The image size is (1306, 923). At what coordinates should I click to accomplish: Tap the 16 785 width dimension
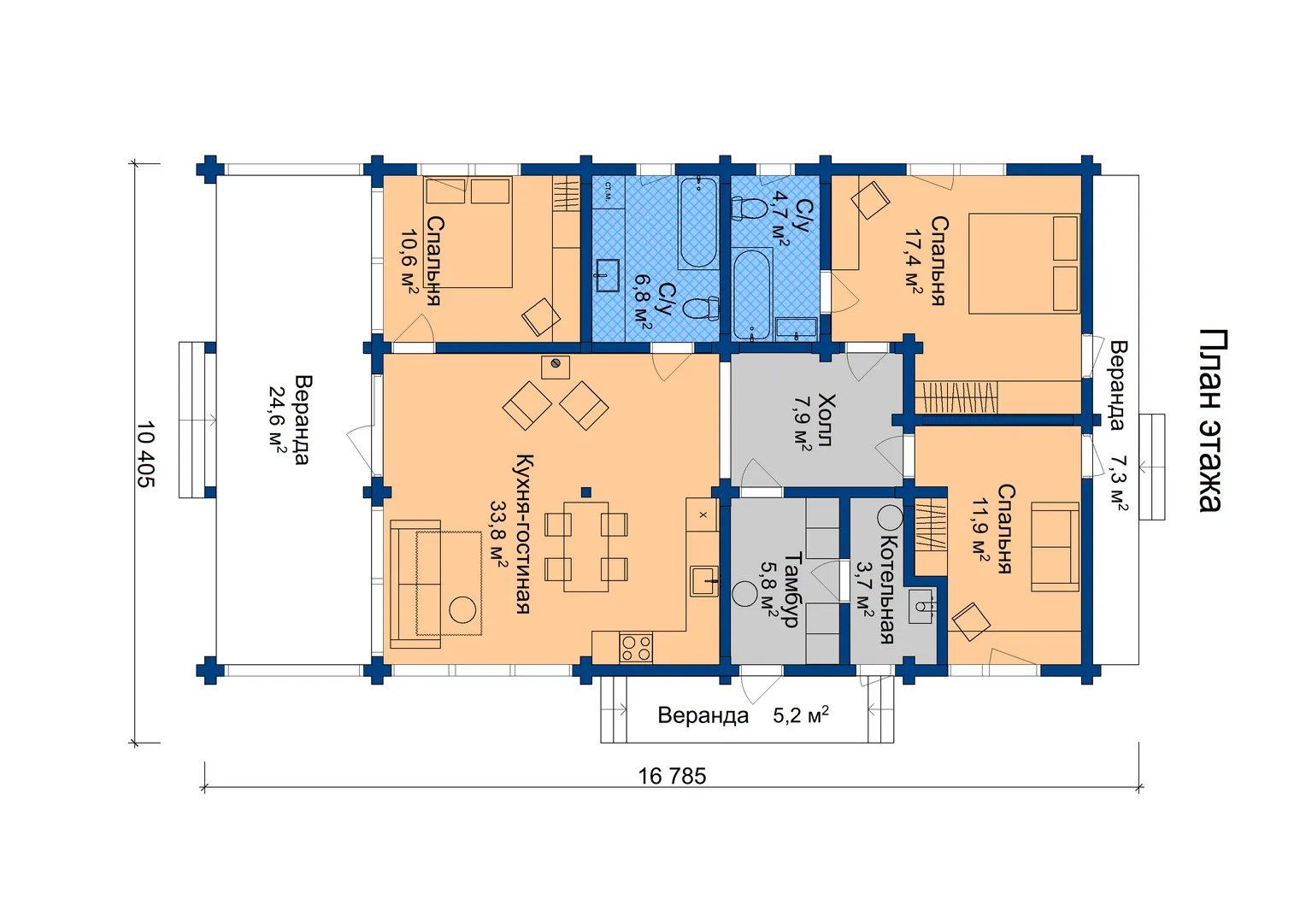click(672, 776)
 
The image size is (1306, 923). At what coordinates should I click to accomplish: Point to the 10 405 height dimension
click(146, 454)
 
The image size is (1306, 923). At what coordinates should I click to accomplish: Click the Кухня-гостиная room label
click(523, 533)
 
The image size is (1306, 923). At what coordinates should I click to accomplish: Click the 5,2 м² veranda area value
click(801, 714)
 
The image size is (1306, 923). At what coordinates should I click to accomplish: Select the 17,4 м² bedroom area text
click(913, 261)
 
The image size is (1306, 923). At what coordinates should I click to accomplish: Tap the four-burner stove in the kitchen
click(636, 648)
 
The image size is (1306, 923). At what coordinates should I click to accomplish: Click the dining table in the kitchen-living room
click(586, 546)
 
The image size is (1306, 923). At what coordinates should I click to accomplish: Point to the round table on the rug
click(463, 609)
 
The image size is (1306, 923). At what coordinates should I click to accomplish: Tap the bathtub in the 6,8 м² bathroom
click(698, 223)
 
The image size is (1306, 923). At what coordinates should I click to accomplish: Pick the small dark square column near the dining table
click(586, 492)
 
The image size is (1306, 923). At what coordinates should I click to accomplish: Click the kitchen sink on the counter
click(703, 581)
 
